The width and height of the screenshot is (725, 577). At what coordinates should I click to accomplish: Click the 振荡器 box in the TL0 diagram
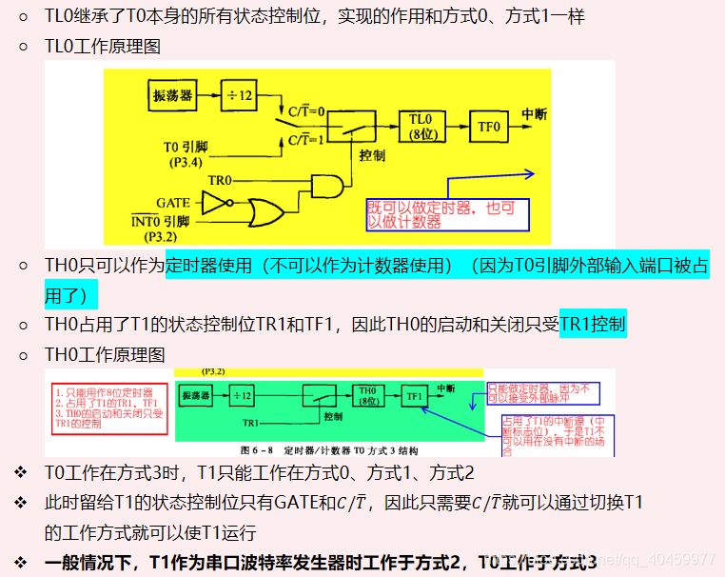171,96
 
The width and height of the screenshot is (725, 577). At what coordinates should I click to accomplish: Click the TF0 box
489,125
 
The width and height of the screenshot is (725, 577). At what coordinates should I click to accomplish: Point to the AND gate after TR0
326,184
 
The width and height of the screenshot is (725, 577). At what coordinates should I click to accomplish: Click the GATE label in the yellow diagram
173,203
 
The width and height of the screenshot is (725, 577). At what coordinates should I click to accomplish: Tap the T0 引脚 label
185,148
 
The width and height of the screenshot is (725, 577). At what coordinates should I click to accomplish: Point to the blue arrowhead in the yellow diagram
530,174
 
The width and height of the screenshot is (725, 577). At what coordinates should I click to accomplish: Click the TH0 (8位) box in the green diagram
367,395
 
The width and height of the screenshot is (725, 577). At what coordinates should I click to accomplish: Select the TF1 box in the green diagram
413,395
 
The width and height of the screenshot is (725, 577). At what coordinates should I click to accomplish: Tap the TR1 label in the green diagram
252,421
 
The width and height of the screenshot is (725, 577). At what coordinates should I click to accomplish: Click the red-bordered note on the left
108,408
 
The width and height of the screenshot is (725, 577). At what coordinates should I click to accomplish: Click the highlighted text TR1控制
593,325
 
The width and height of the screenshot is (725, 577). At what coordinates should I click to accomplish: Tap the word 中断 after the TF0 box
535,113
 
